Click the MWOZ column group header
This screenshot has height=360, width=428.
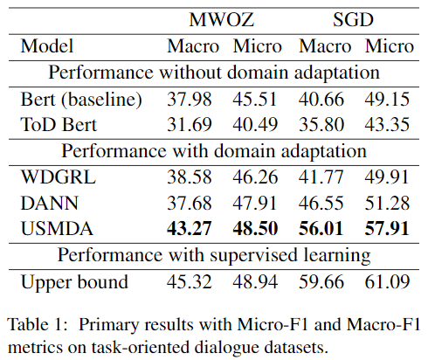coord(224,18)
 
